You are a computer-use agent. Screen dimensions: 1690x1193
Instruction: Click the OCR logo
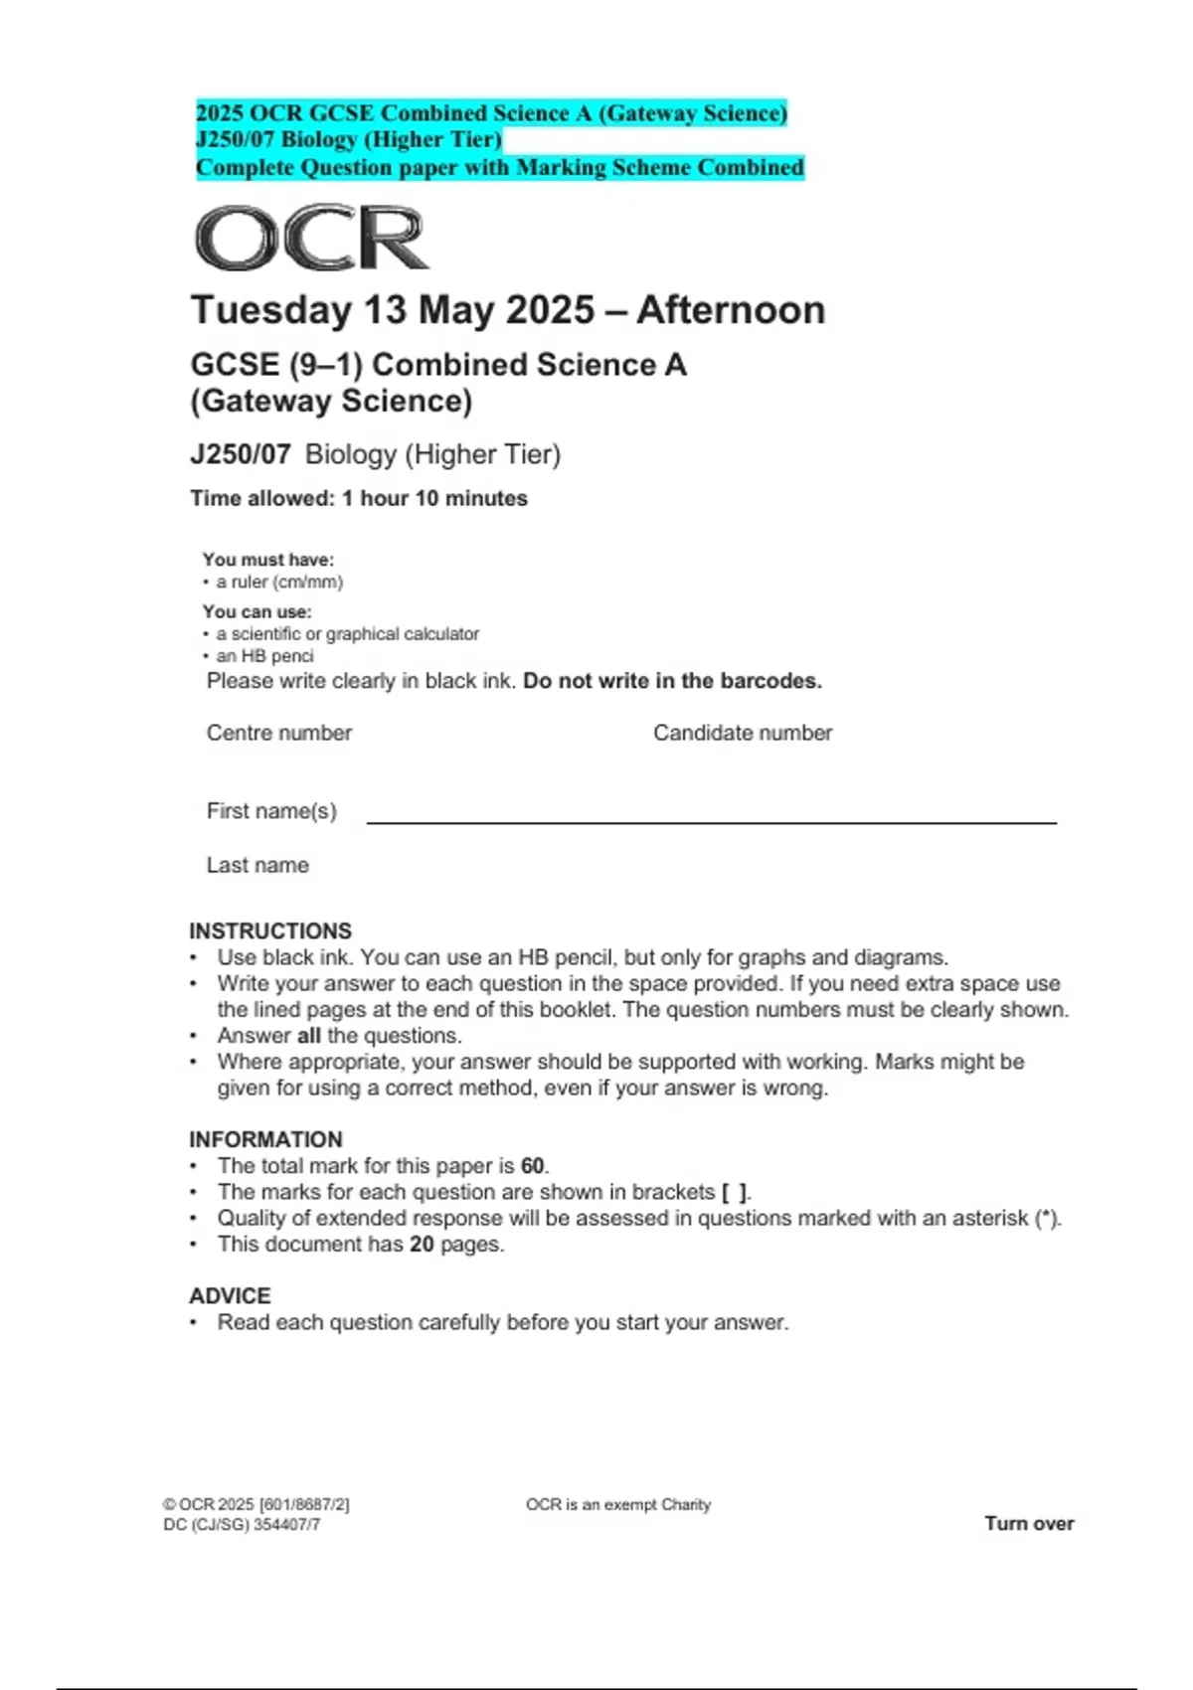coord(311,238)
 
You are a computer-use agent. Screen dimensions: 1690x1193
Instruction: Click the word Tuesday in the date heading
coord(270,310)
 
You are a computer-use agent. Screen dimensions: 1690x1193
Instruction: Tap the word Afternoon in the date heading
coord(731,310)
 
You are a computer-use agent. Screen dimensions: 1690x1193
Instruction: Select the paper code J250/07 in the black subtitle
coord(240,454)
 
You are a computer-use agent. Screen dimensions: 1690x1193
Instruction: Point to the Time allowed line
coord(359,498)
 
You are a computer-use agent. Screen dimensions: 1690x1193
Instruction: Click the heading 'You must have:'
coord(268,560)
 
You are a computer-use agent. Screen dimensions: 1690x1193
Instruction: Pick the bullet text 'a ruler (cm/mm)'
coord(279,582)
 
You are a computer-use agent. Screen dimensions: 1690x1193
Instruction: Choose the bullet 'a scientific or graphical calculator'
coord(347,633)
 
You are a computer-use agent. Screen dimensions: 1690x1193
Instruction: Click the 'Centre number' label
coord(279,733)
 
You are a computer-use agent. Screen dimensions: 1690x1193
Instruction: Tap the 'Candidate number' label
coord(743,733)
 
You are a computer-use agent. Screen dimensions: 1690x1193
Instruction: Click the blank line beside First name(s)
coord(711,821)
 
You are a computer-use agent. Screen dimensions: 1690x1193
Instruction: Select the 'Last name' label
coord(257,865)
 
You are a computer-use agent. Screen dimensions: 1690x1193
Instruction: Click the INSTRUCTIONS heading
coord(270,930)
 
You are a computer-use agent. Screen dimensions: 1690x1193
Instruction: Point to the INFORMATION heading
coord(265,1139)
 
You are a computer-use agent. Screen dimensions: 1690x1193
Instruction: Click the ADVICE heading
coord(230,1295)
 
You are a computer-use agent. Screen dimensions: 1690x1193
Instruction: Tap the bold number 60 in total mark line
coord(533,1165)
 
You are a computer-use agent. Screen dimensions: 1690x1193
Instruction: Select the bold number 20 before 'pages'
coord(422,1244)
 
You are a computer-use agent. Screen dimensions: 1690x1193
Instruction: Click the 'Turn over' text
coord(1029,1523)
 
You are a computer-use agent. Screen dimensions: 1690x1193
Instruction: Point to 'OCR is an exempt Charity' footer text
coord(618,1504)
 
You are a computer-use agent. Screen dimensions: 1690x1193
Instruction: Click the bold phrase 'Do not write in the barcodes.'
coord(672,681)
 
